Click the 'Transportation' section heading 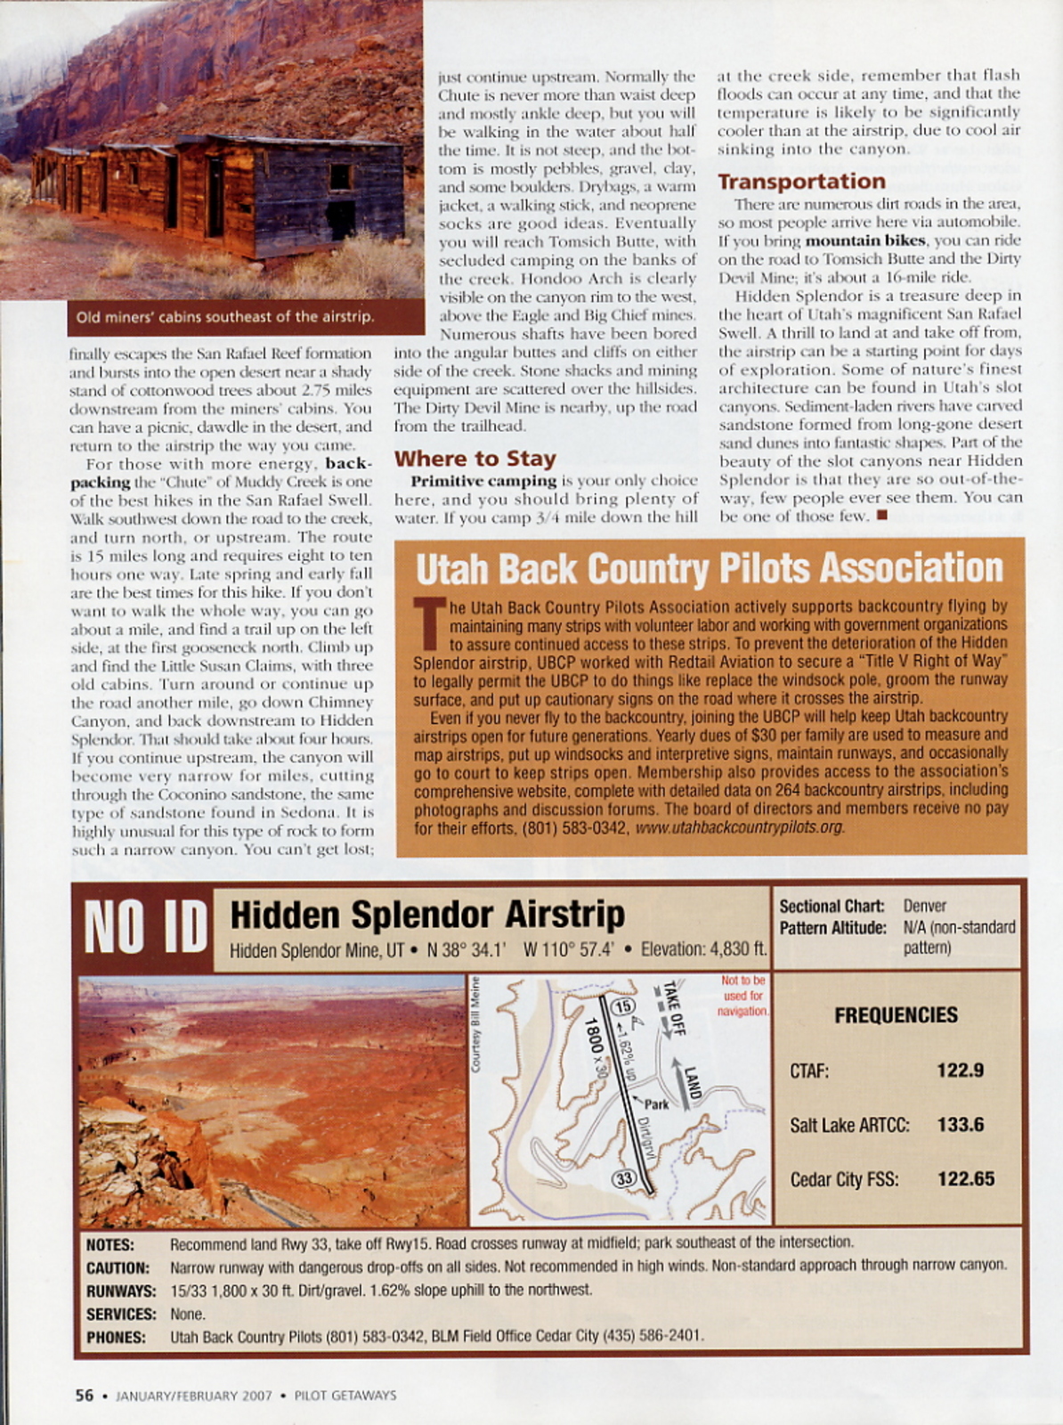point(801,182)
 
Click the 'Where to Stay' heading point(475,459)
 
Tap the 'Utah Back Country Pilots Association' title point(709,568)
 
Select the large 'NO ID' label point(145,927)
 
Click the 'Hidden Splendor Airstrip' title point(427,915)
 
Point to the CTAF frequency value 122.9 point(960,1071)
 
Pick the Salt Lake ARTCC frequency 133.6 point(960,1125)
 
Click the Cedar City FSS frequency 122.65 point(965,1179)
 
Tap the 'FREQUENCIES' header point(896,1015)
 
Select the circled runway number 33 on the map point(625,1178)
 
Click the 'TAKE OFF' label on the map point(673,1006)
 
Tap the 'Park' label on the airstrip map point(656,1104)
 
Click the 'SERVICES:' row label point(121,1314)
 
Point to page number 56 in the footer point(84,1396)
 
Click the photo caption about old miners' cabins point(224,316)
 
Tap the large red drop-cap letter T point(430,623)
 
